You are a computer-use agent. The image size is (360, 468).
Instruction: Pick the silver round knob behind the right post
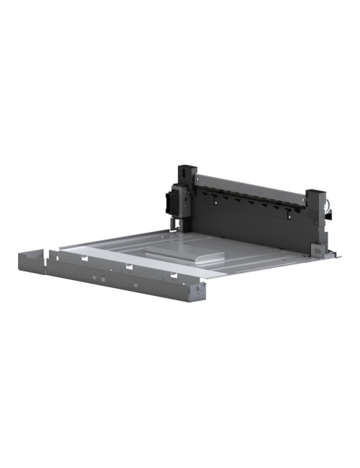328,208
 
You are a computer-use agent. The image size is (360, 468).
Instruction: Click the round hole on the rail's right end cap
197,289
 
